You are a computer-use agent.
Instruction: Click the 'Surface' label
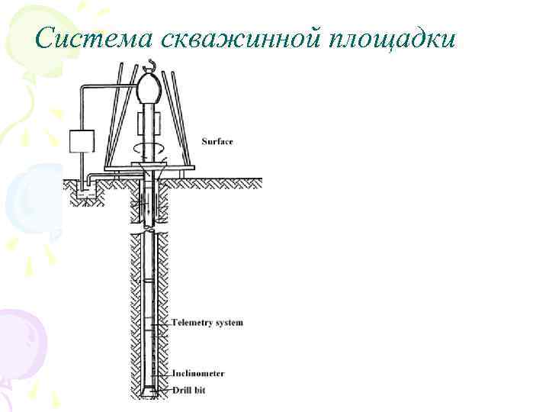217,141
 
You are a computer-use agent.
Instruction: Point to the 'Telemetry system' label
208,323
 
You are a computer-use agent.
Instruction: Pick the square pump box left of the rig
81,142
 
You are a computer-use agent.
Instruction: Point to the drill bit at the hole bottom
150,392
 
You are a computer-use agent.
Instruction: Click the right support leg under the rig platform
181,175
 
